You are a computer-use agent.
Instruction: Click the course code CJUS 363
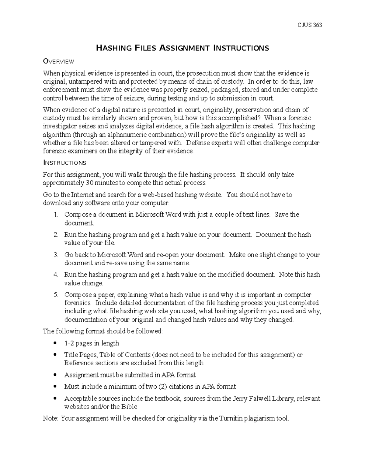[310, 25]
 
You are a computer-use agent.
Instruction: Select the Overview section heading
[58, 62]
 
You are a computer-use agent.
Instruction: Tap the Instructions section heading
[64, 163]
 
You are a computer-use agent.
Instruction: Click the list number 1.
[56, 215]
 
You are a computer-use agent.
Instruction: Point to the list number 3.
[56, 255]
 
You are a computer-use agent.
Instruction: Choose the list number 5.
[56, 295]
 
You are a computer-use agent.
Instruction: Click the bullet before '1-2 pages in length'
[55, 343]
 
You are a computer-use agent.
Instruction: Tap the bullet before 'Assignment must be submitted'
[55, 375]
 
